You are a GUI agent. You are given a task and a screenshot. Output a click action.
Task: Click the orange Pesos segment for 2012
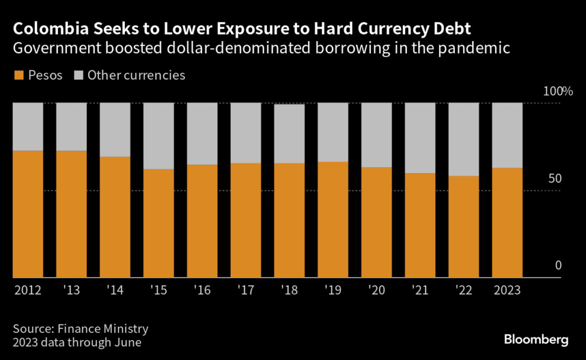(x=27, y=214)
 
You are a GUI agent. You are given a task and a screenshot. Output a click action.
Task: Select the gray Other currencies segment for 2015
(x=159, y=136)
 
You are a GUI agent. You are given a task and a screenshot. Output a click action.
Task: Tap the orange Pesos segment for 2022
(x=464, y=227)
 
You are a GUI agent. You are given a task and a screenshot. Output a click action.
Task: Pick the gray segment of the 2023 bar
(x=507, y=135)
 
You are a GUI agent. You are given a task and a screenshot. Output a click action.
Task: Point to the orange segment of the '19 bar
(x=332, y=220)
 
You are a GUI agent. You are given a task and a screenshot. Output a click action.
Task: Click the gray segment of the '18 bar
(x=289, y=134)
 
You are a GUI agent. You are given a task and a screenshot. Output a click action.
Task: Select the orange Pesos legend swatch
(x=18, y=75)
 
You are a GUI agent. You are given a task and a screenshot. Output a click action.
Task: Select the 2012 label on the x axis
(x=27, y=290)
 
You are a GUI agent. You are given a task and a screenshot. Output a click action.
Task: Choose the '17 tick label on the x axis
(x=246, y=290)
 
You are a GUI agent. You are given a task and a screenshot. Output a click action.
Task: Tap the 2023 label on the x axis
(x=507, y=290)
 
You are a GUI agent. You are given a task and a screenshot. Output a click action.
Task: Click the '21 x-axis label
(x=419, y=290)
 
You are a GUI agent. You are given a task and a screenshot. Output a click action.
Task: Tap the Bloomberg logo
(x=536, y=339)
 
